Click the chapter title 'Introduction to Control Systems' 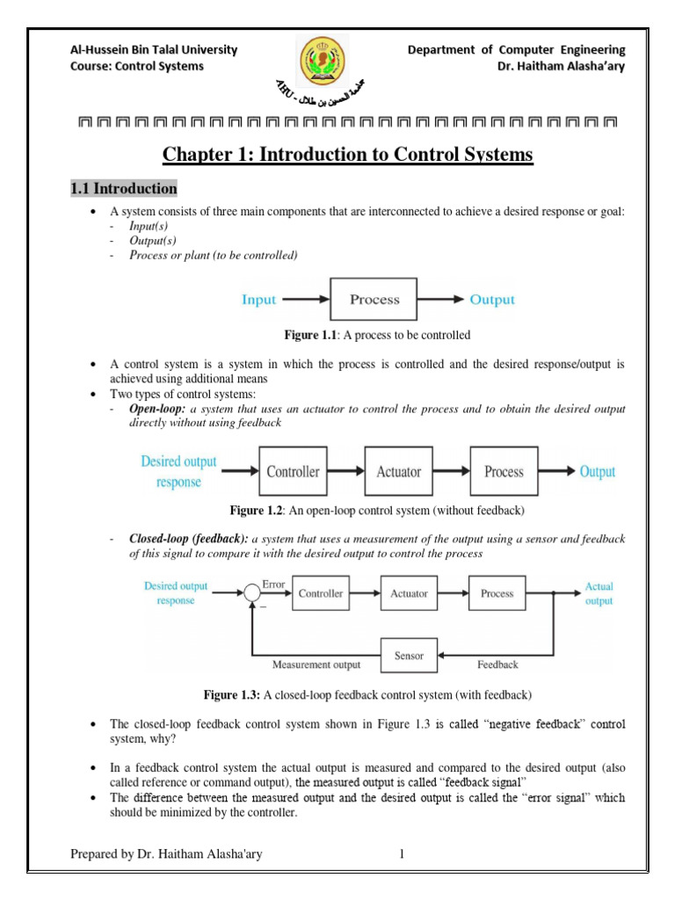click(348, 156)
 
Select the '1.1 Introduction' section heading click(123, 188)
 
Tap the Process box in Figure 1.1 click(374, 300)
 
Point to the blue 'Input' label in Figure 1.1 click(258, 300)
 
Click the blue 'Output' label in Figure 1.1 click(492, 300)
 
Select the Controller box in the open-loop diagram click(293, 472)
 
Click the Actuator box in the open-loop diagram click(398, 472)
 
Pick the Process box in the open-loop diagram click(504, 472)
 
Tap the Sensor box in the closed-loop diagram click(409, 656)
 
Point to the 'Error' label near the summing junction click(274, 583)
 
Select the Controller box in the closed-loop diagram click(320, 593)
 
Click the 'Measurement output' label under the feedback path click(316, 665)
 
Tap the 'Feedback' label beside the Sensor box click(497, 664)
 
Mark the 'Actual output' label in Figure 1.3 click(599, 593)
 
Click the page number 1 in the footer click(401, 853)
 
